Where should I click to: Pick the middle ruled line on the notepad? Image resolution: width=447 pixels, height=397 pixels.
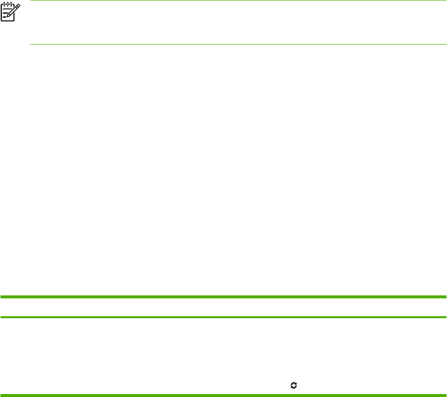tap(4, 14)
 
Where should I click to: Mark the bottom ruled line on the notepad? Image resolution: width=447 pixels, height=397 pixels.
tap(4, 17)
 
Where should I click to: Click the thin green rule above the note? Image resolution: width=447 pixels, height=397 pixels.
tap(238, 0)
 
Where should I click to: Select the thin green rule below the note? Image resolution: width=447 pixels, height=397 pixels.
tap(238, 45)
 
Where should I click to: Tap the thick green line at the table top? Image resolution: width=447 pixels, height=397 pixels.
tap(223, 297)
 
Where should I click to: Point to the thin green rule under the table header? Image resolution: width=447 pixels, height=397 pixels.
tap(223, 317)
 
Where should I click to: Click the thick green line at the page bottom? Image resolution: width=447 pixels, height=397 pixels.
tap(223, 395)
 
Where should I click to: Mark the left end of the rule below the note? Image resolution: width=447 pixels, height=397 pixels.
tap(31, 45)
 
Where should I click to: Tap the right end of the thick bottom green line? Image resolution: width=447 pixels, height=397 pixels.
tap(445, 395)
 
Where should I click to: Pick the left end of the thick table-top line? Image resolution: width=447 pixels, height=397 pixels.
tap(1, 297)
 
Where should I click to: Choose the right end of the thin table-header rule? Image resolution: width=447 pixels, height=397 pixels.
tap(445, 317)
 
